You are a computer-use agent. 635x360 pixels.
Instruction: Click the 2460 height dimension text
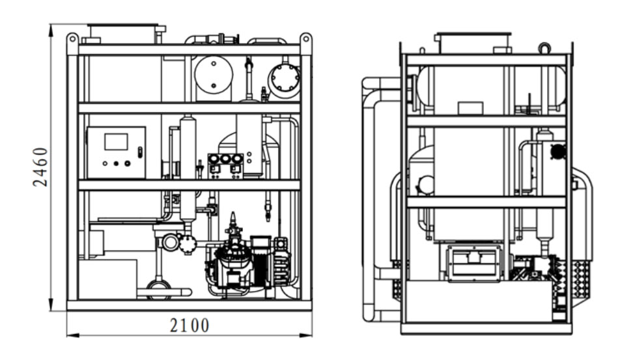point(40,167)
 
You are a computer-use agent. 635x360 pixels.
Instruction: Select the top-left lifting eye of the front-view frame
point(72,38)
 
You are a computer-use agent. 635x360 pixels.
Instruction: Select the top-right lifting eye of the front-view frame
point(305,38)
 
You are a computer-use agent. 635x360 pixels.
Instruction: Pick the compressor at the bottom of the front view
point(234,267)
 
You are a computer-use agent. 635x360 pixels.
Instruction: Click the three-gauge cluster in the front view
point(225,160)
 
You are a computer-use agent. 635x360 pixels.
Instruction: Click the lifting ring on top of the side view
point(544,47)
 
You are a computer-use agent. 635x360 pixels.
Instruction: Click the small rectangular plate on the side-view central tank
point(470,108)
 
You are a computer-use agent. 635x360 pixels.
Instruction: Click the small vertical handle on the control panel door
point(139,152)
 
